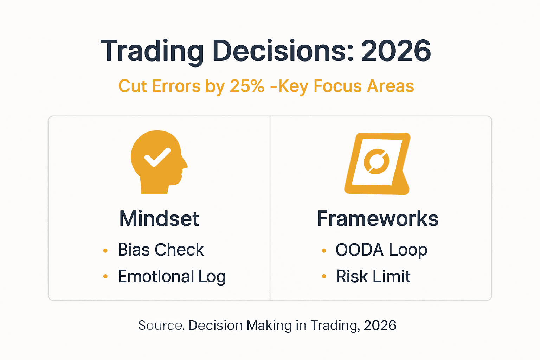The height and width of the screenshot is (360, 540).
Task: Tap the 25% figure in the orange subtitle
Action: [247, 86]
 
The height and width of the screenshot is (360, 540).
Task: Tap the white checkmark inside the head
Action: [157, 157]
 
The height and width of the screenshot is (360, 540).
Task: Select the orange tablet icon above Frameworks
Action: [377, 163]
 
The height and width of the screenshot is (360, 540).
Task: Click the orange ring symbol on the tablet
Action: [376, 162]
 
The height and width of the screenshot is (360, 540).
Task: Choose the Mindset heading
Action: [159, 219]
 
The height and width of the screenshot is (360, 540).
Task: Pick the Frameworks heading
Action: [378, 219]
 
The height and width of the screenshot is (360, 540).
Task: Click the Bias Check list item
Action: [161, 250]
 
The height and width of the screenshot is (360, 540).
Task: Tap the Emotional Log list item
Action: [172, 277]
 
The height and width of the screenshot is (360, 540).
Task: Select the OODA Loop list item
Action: [381, 250]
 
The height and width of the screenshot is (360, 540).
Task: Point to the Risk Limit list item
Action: [373, 277]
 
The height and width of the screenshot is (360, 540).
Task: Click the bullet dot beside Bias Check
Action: [105, 251]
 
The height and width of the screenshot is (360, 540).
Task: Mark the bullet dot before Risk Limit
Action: [324, 277]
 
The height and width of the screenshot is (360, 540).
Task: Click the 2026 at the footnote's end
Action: [380, 326]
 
